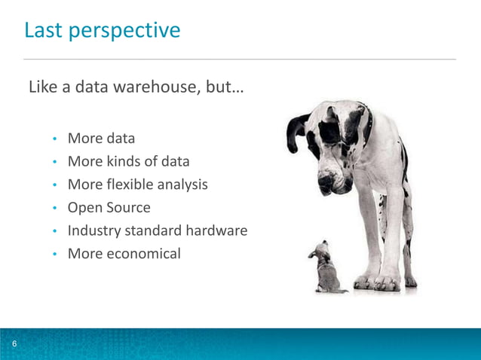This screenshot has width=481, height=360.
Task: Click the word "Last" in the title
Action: coord(42,31)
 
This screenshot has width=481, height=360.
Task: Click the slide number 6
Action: coord(14,345)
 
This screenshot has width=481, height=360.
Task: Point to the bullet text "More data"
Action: coord(101,139)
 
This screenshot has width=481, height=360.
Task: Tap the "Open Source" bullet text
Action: coord(109,208)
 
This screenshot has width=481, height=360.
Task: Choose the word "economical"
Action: coord(142,254)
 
